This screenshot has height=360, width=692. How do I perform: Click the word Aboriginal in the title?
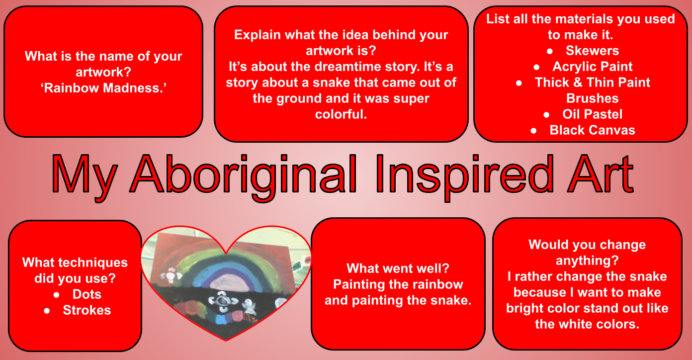click(x=244, y=177)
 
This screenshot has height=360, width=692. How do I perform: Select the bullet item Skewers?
click(x=592, y=51)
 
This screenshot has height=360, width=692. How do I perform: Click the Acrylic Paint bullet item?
click(x=592, y=67)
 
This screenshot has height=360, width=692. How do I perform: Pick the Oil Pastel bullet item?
click(x=592, y=114)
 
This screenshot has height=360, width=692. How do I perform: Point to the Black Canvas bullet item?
click(x=592, y=130)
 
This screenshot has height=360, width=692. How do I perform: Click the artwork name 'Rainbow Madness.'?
click(x=103, y=88)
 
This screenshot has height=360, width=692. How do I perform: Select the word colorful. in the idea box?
click(x=341, y=114)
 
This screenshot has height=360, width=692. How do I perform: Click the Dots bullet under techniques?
click(x=87, y=294)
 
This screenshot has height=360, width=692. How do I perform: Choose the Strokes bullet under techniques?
click(x=87, y=310)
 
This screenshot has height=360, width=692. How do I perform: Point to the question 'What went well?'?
click(x=398, y=268)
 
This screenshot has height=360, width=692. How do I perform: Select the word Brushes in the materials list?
click(x=592, y=98)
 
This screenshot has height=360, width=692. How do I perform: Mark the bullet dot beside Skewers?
click(x=550, y=51)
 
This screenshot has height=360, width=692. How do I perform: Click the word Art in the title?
click(x=601, y=175)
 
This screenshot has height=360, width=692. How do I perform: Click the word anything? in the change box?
click(x=587, y=261)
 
